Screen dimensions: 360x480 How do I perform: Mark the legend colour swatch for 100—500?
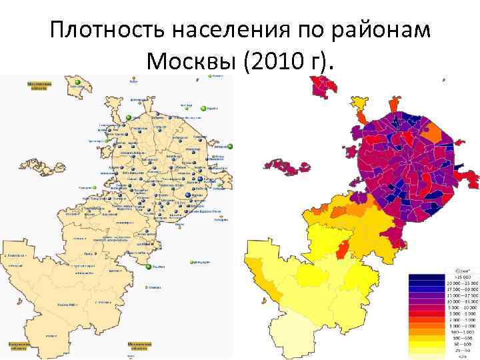[x=426, y=337]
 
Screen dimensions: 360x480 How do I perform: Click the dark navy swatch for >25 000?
[x=426, y=277]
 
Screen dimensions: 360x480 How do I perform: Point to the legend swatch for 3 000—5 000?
[x=426, y=313]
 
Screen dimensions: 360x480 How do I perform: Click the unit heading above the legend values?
[x=461, y=271]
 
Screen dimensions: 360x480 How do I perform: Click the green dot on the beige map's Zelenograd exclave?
[x=77, y=81]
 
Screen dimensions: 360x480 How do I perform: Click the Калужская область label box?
[x=18, y=346]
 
